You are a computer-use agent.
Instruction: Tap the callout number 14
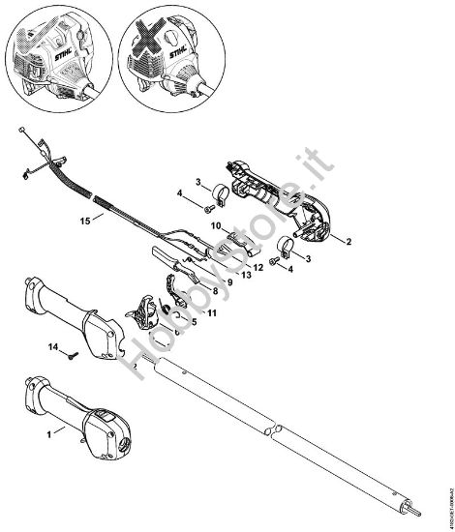coord(54,345)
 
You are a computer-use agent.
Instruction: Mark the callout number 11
coord(212,312)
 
